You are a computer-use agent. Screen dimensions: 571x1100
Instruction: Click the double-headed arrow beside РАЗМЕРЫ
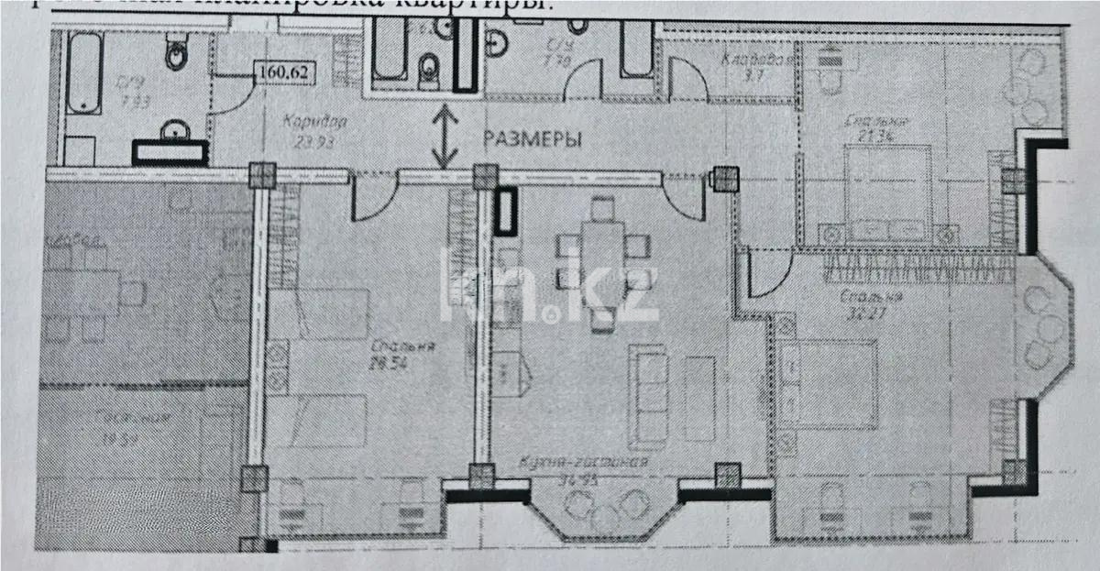click(x=445, y=137)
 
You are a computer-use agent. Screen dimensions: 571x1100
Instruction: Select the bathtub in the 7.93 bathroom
click(x=84, y=73)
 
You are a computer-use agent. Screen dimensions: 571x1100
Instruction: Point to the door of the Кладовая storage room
click(x=687, y=79)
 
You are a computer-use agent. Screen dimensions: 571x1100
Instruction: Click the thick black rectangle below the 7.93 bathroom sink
click(x=170, y=152)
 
